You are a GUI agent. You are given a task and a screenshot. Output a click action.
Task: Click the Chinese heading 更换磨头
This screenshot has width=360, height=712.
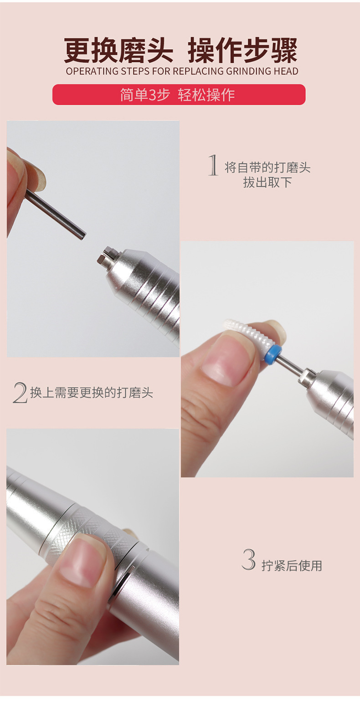[118, 50]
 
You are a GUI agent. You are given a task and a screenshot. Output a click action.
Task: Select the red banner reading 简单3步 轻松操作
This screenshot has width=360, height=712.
[179, 94]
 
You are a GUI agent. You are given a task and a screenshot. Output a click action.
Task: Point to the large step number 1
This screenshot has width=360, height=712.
[213, 165]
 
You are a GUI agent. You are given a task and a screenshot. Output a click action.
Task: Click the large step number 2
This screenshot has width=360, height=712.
[20, 393]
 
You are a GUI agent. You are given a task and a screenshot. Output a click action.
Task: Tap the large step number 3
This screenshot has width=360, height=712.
[249, 559]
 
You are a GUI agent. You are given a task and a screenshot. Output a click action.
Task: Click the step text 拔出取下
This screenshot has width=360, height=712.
[267, 183]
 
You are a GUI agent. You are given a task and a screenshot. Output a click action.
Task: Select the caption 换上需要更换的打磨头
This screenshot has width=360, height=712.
[92, 393]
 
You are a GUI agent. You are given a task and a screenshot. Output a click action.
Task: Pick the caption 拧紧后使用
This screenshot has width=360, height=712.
[292, 566]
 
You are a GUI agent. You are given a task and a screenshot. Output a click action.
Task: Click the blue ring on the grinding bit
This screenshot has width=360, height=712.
[273, 354]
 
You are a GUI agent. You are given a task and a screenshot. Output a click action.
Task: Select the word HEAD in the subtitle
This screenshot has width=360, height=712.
[286, 71]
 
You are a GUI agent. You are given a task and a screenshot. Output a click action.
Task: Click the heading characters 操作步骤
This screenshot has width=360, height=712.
[242, 50]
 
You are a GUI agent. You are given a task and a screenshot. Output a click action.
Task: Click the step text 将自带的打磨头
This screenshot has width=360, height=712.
[267, 168]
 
